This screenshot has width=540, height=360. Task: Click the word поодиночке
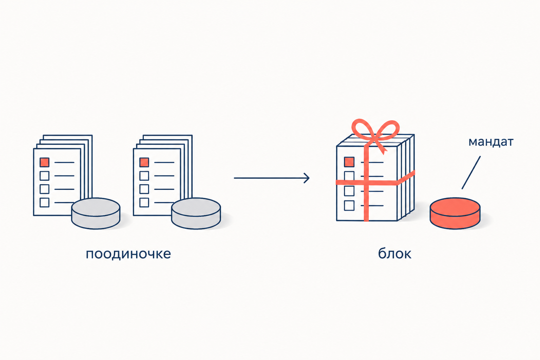click(x=128, y=254)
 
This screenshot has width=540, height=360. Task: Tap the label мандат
click(x=491, y=142)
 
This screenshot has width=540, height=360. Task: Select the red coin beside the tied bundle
click(x=455, y=213)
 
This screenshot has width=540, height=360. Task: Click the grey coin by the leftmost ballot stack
click(x=96, y=213)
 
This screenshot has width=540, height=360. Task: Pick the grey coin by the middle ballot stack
click(x=196, y=213)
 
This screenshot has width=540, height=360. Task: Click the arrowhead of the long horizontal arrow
click(x=307, y=178)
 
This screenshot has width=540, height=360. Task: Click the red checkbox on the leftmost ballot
click(x=45, y=162)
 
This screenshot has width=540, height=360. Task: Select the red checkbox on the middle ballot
click(x=144, y=162)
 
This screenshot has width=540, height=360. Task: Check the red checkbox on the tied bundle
click(x=349, y=162)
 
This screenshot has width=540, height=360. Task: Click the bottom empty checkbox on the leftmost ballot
click(x=45, y=202)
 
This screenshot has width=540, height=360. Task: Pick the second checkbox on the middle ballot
click(x=144, y=176)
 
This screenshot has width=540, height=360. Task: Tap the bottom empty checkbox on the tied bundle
click(x=349, y=206)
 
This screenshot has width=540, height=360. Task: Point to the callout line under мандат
click(x=471, y=173)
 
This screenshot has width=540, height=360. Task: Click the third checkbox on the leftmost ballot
click(x=45, y=189)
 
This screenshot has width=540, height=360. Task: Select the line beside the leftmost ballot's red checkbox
click(x=64, y=162)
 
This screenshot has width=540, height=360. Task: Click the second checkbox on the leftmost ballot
click(x=45, y=176)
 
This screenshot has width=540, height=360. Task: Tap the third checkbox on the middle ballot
click(x=144, y=189)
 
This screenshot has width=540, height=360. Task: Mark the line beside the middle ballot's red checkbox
click(x=164, y=162)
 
